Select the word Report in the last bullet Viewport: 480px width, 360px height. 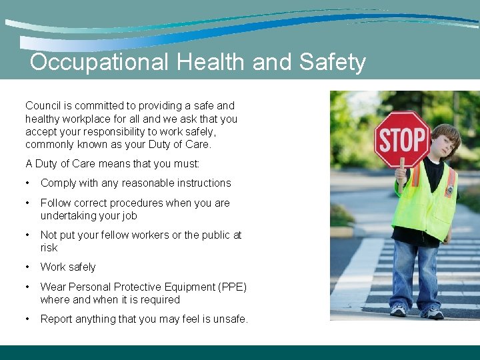tap(57, 319)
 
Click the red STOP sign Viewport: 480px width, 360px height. tap(402, 139)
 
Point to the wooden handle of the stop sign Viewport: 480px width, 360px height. tap(401, 175)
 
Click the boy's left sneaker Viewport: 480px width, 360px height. tap(433, 312)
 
